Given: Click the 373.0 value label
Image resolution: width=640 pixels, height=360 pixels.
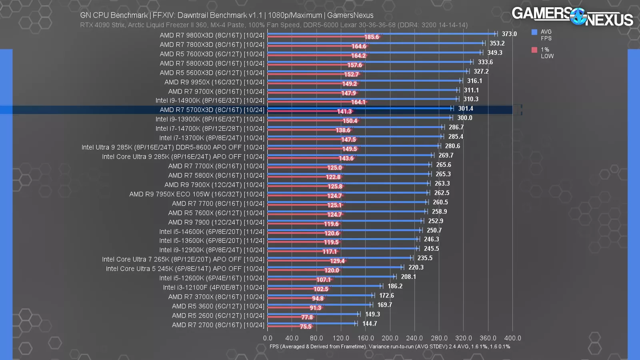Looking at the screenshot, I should point(509,34).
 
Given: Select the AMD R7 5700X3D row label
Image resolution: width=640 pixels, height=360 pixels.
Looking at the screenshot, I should point(212,110).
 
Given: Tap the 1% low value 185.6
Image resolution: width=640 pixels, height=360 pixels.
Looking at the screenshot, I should point(371,37).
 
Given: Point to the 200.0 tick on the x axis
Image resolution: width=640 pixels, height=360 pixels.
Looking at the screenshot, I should point(390,338).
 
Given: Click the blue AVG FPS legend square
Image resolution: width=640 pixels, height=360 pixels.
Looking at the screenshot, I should point(534,32).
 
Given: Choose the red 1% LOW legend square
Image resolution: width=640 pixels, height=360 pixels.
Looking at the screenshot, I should point(534,50).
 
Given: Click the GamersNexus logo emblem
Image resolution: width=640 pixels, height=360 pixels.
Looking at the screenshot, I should point(578,16).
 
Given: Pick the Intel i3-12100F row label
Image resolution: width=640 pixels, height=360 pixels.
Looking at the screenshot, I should point(214,288).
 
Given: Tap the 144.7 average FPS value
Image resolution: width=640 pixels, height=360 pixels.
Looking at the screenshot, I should point(370,324).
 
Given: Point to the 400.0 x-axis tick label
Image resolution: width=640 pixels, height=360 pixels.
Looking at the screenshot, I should point(512,338).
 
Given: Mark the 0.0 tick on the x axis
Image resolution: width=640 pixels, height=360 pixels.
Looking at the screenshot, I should point(268,338).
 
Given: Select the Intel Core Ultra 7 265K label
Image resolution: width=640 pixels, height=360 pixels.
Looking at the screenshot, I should point(183,260).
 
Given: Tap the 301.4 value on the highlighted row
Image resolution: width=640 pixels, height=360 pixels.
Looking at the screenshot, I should point(466,109).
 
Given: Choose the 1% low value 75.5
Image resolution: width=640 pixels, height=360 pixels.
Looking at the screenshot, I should point(306,327).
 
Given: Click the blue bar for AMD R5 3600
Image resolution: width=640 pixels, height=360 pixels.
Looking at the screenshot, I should point(320,305).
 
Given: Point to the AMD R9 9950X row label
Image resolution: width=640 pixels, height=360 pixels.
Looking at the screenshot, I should point(214,82).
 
